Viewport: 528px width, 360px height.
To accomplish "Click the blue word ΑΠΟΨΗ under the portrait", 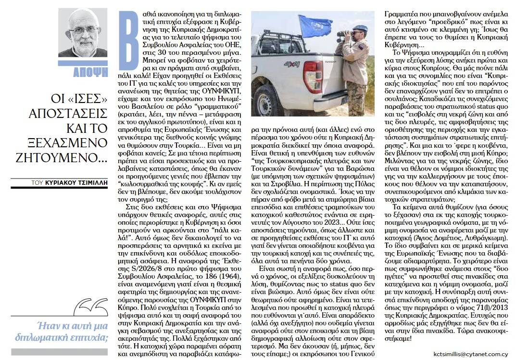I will point(90,73).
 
